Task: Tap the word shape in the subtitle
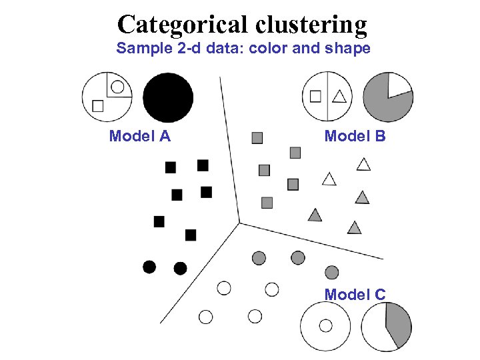click(348, 49)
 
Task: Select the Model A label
click(140, 137)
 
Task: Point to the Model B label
click(355, 137)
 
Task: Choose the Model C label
click(355, 294)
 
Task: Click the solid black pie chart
click(168, 98)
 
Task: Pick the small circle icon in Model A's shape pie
click(117, 86)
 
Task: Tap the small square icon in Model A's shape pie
click(98, 105)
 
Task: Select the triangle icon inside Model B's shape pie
click(339, 97)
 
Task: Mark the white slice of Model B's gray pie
click(399, 85)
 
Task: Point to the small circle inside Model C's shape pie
click(325, 325)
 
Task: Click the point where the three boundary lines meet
click(239, 223)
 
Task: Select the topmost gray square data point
click(257, 138)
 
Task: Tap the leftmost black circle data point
click(149, 267)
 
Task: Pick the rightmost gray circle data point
click(331, 272)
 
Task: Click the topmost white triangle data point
click(363, 164)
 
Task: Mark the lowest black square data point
click(191, 235)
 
